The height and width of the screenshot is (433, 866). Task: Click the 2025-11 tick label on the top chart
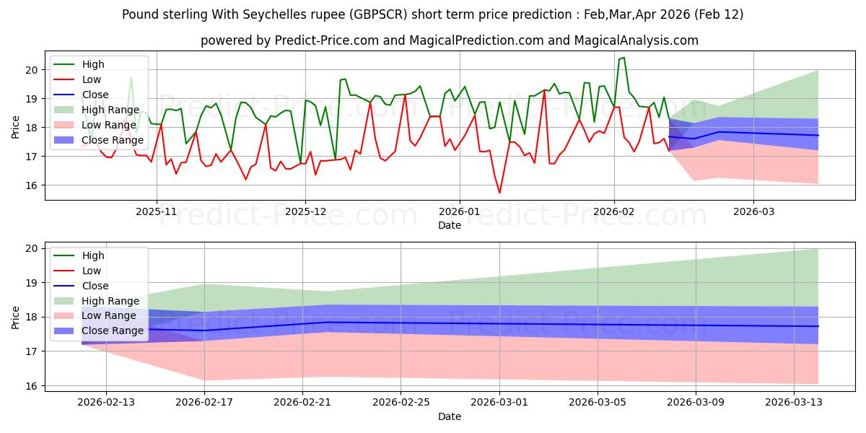point(156,211)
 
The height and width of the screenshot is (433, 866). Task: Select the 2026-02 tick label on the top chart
point(614,211)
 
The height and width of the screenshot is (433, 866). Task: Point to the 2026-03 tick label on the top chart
point(753,211)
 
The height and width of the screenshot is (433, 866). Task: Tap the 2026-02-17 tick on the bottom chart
point(204,402)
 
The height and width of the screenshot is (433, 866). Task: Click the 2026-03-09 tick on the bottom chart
point(696,402)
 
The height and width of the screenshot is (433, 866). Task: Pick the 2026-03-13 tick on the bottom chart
point(794,402)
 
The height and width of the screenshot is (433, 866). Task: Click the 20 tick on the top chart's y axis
point(31,70)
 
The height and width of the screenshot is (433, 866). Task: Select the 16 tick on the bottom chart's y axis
point(31,386)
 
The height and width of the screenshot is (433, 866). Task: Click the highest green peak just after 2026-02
point(624,58)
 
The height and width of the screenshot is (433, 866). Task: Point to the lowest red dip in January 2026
point(499,193)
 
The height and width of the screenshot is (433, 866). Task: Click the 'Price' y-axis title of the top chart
point(16,126)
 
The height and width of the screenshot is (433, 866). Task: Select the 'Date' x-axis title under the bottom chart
point(450,416)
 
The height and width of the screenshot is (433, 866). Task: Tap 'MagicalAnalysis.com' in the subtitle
point(636,40)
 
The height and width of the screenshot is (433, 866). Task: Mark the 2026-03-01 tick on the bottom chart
point(499,402)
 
